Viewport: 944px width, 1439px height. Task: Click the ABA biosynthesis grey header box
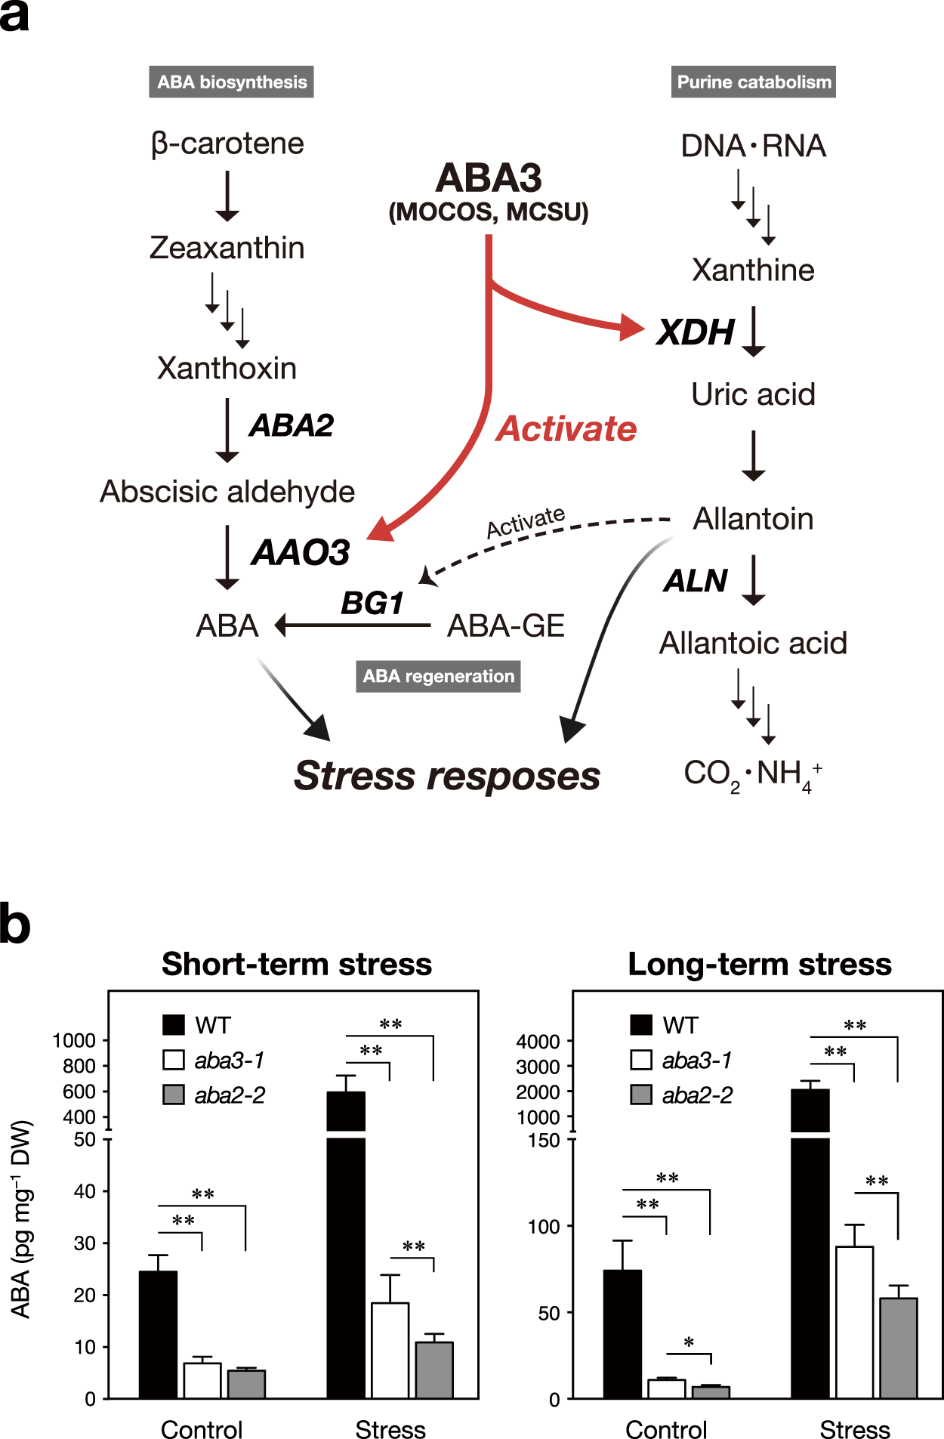click(231, 82)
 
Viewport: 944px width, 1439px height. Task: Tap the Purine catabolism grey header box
click(753, 82)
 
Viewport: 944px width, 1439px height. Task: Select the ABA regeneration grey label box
click(438, 676)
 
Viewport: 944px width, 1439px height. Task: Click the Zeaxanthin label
click(227, 248)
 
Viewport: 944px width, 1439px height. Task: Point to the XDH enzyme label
click(696, 332)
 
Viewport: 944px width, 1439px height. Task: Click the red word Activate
click(566, 429)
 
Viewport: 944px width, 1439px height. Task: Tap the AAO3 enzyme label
click(301, 552)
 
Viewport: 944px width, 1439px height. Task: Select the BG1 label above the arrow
click(372, 603)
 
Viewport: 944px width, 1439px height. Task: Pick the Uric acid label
click(753, 394)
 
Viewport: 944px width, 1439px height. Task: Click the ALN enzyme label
click(696, 581)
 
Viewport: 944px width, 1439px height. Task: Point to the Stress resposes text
click(447, 776)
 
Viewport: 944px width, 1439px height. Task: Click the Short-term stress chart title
click(297, 965)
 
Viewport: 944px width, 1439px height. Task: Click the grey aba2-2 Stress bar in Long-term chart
click(898, 1348)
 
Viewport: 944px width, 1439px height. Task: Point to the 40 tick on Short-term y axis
click(85, 1191)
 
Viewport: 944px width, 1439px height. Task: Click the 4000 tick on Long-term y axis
click(538, 1042)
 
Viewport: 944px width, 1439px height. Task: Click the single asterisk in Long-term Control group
click(689, 1343)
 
